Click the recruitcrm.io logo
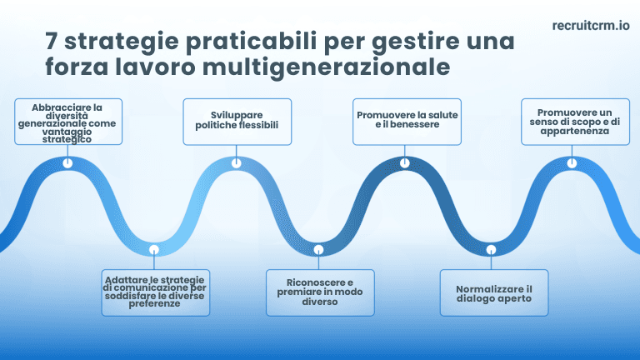tap(590, 25)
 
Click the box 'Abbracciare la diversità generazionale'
tap(68, 122)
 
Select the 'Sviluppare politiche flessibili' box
tap(237, 122)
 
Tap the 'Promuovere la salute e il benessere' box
tap(407, 122)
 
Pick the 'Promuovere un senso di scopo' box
tap(574, 122)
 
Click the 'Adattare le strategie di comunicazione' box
tap(154, 292)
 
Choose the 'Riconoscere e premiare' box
tap(319, 292)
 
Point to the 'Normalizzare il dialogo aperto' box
tap(494, 292)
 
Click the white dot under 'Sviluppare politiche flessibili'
tap(237, 163)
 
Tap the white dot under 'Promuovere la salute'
tap(405, 163)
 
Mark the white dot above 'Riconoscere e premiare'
tap(318, 249)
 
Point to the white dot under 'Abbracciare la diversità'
tap(68, 163)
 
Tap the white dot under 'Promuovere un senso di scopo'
tap(573, 163)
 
